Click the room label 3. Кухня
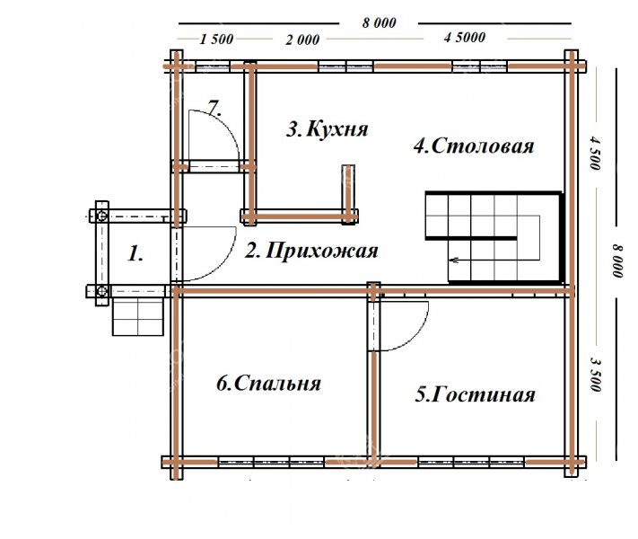point(328,129)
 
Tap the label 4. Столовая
point(474,146)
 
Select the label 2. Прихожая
point(311,251)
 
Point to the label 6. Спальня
point(268,383)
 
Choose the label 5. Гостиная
point(475,394)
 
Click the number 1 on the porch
point(135,254)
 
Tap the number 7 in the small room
point(214,108)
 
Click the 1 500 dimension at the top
point(216,40)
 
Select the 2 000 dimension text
point(302,40)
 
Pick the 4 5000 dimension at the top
point(465,38)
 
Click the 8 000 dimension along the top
point(380,22)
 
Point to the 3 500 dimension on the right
point(595,374)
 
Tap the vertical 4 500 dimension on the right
point(594,154)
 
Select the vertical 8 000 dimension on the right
point(617,261)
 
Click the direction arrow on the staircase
point(454,260)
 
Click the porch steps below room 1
point(138,317)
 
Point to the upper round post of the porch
point(102,215)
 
